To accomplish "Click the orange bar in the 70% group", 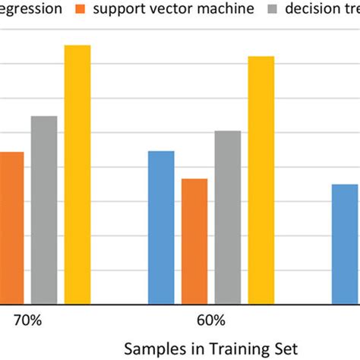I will click(x=11, y=227).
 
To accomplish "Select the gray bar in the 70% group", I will click(x=44, y=209).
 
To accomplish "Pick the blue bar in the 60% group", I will click(x=161, y=226).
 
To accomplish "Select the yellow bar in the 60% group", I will click(x=261, y=179).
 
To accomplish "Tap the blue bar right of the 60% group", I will click(x=346, y=243).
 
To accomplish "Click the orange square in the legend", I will click(x=81, y=10).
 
